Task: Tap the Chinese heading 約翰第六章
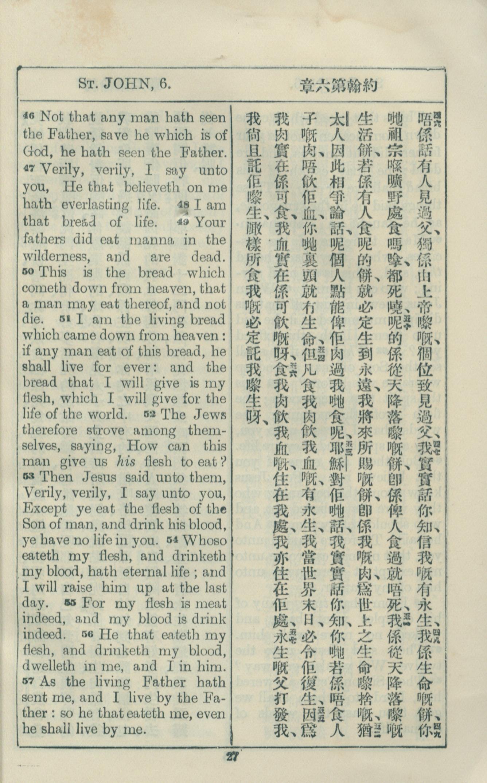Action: (x=338, y=86)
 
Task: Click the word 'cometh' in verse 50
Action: (x=44, y=289)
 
